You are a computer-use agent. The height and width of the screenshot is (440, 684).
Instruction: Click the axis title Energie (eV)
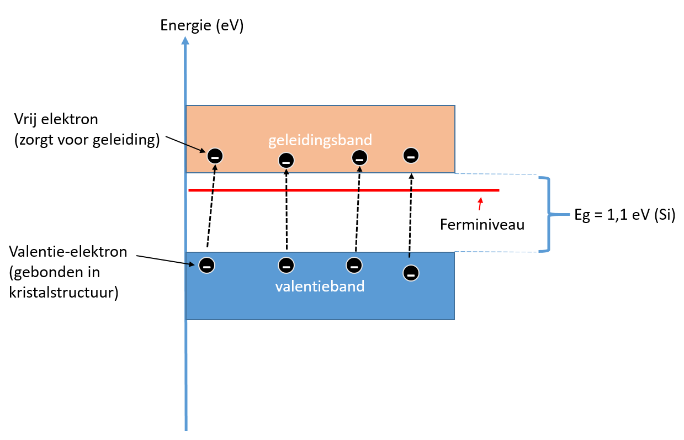(x=202, y=25)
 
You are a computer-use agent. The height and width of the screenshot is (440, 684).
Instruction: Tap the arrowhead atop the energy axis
(x=185, y=41)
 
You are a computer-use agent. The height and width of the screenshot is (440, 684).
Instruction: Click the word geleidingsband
(x=320, y=140)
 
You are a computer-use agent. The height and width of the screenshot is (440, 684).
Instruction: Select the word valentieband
(x=320, y=287)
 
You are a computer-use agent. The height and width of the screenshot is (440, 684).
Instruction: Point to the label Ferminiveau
(x=482, y=225)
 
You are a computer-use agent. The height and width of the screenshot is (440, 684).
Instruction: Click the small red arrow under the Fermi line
(x=480, y=204)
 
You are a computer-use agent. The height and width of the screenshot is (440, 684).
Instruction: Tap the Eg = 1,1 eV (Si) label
(x=625, y=215)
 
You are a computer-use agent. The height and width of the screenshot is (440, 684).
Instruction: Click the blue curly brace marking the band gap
(x=549, y=214)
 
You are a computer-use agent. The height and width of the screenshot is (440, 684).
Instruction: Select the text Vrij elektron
(x=56, y=119)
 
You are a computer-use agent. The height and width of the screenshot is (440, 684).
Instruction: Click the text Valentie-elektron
(x=68, y=252)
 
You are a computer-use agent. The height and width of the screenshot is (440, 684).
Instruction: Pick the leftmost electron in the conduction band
(x=215, y=156)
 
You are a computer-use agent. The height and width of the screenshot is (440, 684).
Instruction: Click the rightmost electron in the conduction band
(x=411, y=156)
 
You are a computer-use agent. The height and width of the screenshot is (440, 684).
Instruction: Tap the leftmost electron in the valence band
(x=206, y=266)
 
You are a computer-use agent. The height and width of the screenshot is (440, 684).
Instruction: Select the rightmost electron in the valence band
(x=411, y=273)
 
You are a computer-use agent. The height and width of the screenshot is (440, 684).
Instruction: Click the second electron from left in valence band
(x=286, y=266)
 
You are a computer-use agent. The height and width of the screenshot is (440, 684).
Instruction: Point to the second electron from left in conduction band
(x=286, y=161)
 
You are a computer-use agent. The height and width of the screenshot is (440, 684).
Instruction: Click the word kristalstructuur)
(x=63, y=293)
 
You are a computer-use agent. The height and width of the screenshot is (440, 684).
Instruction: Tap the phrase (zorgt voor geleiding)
(x=87, y=140)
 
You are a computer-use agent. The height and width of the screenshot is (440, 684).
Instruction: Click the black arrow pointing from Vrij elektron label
(x=185, y=144)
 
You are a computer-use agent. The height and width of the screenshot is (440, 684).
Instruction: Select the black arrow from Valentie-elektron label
(x=166, y=260)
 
